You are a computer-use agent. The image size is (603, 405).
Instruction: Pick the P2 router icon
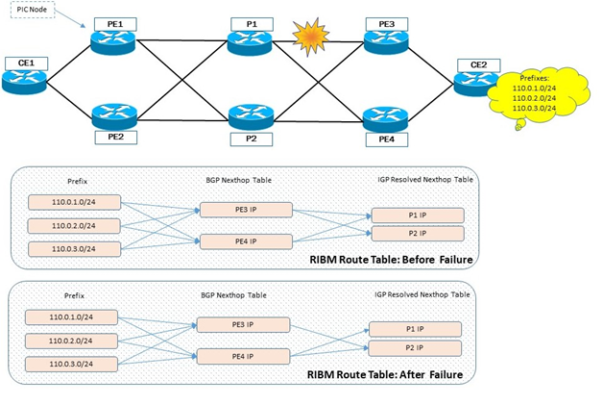click(251, 115)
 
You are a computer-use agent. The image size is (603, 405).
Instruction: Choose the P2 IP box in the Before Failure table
click(418, 234)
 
